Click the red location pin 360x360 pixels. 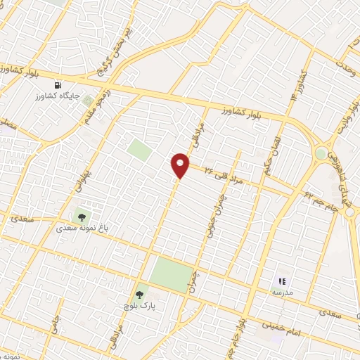181,164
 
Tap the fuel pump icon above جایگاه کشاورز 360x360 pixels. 68,85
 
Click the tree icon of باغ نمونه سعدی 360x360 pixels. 82,218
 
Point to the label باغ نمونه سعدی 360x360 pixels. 82,229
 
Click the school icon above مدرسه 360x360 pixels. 283,281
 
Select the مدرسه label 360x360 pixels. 283,291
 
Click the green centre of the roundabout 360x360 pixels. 321,153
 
